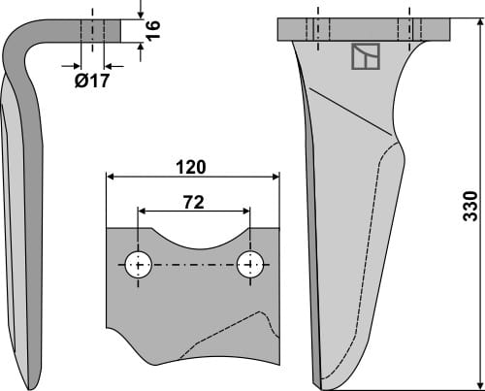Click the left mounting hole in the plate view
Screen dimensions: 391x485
pos(140,264)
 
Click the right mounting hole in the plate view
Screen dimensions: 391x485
pos(251,264)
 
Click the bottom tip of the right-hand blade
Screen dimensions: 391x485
pos(321,382)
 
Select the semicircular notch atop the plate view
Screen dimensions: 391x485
pos(194,238)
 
